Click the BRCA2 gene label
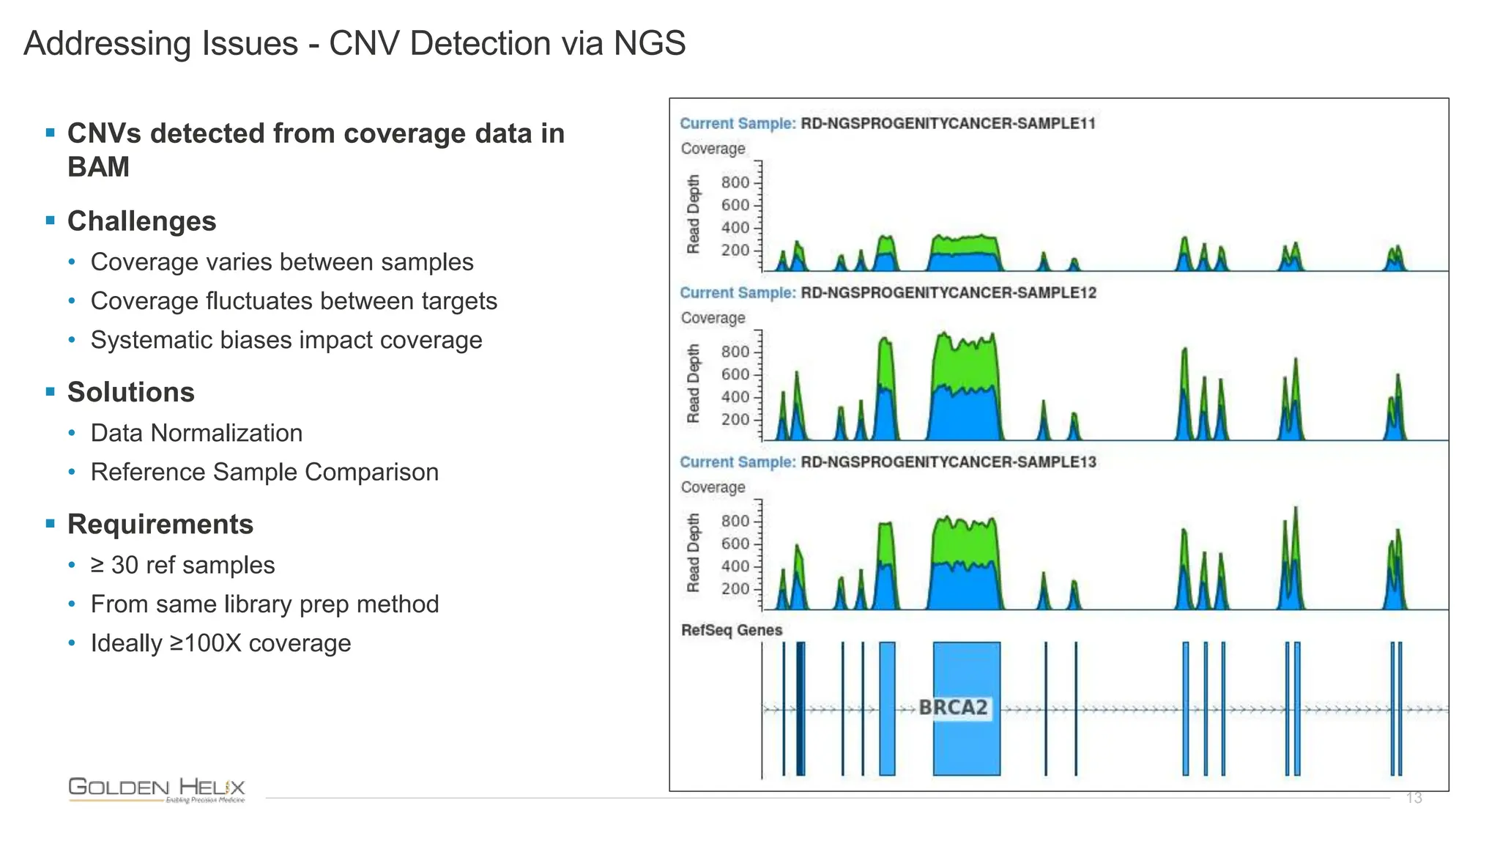click(x=953, y=708)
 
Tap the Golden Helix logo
click(x=157, y=790)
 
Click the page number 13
click(x=1414, y=798)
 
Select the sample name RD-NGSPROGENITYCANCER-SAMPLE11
click(x=948, y=123)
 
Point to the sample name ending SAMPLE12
click(x=948, y=292)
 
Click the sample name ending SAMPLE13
click(x=948, y=462)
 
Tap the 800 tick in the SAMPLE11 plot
click(x=735, y=182)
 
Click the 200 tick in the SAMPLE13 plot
click(x=735, y=589)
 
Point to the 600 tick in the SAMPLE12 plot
click(x=735, y=374)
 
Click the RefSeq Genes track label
click(x=731, y=630)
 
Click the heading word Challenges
click(x=141, y=221)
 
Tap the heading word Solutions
click(x=130, y=392)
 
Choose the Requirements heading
click(x=160, y=524)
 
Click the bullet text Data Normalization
click(x=196, y=433)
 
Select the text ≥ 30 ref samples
click(x=182, y=565)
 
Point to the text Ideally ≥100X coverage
click(x=220, y=643)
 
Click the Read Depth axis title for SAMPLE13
click(x=693, y=552)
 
